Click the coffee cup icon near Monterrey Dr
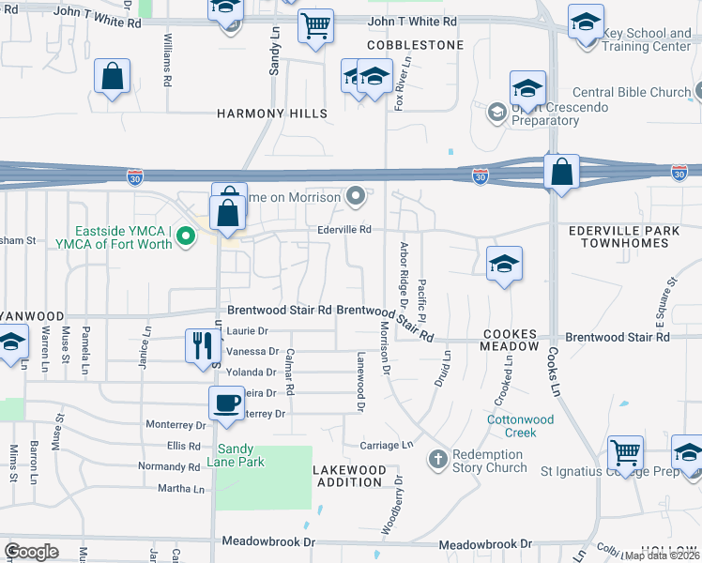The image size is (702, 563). point(225,403)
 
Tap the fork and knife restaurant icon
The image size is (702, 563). point(202,344)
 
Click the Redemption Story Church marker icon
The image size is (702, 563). point(436,460)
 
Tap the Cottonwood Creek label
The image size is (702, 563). point(525,426)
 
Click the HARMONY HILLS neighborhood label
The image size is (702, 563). point(272,114)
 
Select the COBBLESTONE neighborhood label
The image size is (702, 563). point(416,45)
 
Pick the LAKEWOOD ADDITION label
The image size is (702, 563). point(349,475)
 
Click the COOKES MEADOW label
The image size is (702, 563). point(511,340)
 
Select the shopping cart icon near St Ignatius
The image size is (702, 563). point(625,452)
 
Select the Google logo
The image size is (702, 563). point(31,552)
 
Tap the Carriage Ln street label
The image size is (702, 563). point(393,445)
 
